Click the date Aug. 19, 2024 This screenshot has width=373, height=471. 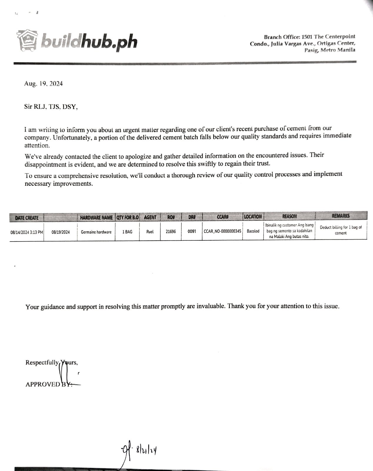click(43, 84)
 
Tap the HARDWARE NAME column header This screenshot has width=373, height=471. click(96, 218)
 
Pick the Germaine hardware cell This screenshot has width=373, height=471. click(96, 232)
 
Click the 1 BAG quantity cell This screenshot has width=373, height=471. click(127, 232)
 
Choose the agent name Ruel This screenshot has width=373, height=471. click(150, 232)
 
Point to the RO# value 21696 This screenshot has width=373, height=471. click(171, 232)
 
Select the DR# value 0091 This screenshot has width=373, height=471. click(192, 232)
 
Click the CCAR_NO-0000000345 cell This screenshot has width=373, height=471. click(222, 232)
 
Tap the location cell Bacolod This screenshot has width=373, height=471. click(253, 231)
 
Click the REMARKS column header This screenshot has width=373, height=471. click(341, 216)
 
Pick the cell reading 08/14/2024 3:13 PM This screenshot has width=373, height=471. click(27, 232)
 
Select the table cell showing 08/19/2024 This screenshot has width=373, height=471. click(61, 232)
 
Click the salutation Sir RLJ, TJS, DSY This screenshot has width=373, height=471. click(51, 107)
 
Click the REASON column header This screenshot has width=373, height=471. click(289, 217)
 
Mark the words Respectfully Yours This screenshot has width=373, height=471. click(51, 362)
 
